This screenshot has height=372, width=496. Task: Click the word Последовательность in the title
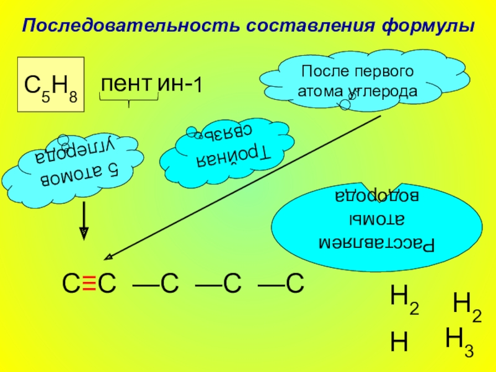[x=130, y=27]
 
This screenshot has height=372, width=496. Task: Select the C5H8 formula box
[x=50, y=85]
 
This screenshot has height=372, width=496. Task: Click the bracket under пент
[x=128, y=101]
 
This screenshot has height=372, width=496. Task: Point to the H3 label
[x=459, y=342]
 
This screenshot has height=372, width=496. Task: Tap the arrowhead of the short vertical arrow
[x=84, y=234]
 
